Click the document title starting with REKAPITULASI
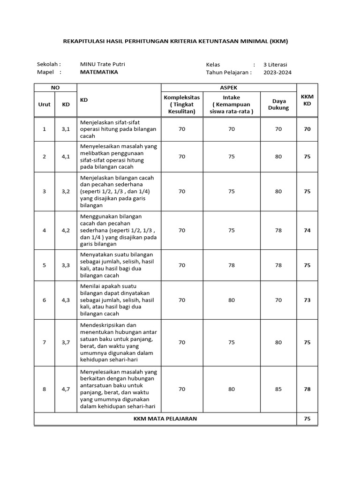coord(175,41)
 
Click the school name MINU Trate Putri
coord(102,64)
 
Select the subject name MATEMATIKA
coord(99,72)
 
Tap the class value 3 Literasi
coord(275,65)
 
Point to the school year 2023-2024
coord(277,73)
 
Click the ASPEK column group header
coord(229,88)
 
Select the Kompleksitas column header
coord(181,104)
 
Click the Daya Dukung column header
coord(278,104)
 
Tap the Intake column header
coord(232,104)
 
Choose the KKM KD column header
coord(307,100)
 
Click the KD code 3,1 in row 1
coord(66,129)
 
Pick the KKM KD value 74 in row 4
coord(307,230)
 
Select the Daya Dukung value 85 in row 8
coord(278,389)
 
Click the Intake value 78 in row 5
coord(232,265)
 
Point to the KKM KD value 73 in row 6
coord(307,300)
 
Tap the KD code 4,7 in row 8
coord(66,389)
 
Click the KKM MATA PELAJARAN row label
coord(165,419)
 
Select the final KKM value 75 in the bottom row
coord(307,419)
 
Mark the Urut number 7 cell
coord(45,342)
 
